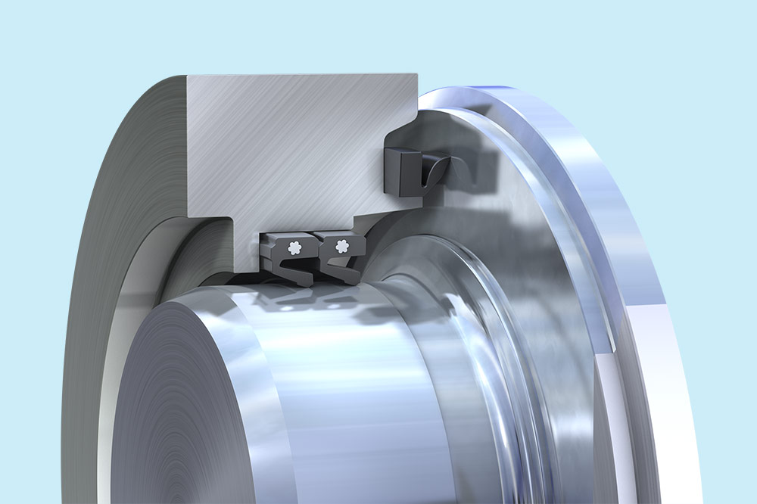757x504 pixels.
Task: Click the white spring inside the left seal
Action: pyautogui.click(x=294, y=246)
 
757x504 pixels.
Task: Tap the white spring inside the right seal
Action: pyautogui.click(x=341, y=245)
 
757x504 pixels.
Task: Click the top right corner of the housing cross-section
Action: pyautogui.click(x=416, y=76)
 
